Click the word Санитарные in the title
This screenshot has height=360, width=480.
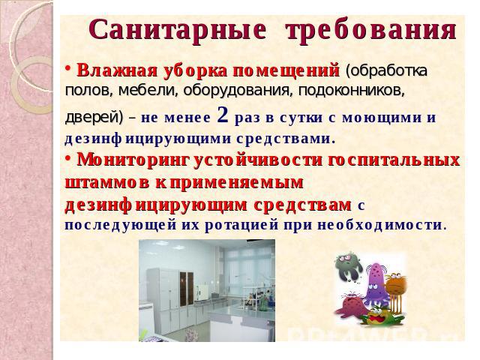click(178, 31)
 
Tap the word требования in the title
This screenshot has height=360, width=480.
click(371, 31)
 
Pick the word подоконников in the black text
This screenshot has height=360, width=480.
click(352, 91)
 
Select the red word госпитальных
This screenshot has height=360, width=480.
click(393, 160)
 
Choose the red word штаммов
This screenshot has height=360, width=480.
click(107, 183)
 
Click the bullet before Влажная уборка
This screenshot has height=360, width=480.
click(68, 67)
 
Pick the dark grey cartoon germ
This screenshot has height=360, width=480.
click(348, 265)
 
